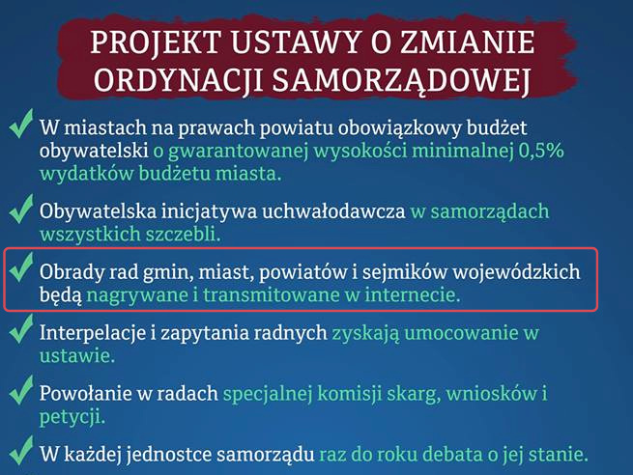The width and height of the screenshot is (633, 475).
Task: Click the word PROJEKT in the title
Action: pos(157,42)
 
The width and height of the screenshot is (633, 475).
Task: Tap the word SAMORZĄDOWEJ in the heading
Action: pos(401,80)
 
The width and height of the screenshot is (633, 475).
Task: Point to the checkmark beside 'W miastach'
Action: pos(20,124)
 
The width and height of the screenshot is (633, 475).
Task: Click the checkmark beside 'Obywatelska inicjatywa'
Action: pos(20,209)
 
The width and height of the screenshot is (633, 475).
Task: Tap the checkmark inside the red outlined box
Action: pos(20,266)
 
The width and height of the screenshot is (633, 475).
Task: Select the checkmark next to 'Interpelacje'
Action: pos(20,328)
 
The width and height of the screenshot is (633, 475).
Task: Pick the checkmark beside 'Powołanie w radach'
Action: pos(20,389)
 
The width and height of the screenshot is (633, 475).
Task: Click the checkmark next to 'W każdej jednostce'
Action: pos(20,450)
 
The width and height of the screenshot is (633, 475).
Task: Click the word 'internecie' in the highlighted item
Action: pos(413,294)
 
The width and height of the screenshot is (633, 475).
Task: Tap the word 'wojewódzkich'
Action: pos(516,272)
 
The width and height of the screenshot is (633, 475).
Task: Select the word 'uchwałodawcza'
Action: pos(333,211)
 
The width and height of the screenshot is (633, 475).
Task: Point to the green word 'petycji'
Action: pos(72,417)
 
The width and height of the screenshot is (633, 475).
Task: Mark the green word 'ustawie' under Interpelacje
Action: pos(77,356)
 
